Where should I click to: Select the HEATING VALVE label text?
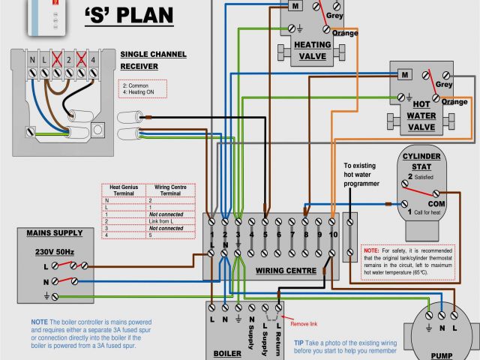(x=304, y=50)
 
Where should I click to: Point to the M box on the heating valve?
(x=295, y=5)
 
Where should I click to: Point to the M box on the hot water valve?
(x=404, y=75)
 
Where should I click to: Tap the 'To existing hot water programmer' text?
(x=361, y=174)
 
